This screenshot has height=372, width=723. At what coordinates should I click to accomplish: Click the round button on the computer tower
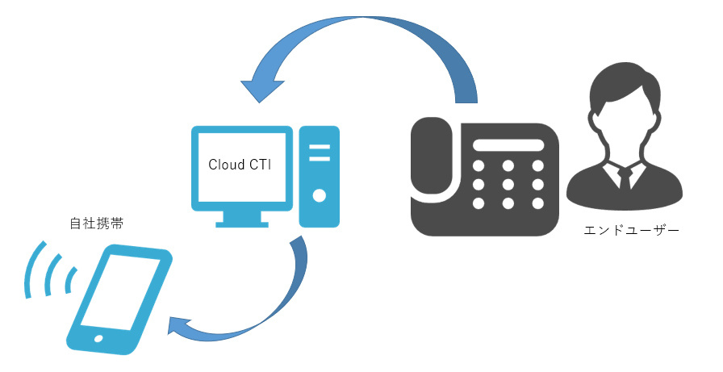coord(320,195)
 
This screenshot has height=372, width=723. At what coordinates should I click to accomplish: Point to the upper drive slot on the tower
coord(320,146)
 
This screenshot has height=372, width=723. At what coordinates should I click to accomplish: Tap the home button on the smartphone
coord(99,338)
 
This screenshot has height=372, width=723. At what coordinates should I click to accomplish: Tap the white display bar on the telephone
coord(508,145)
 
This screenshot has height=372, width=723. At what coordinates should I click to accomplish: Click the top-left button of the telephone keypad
coord(479,166)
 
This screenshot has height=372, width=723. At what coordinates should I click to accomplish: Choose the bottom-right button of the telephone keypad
coord(537,203)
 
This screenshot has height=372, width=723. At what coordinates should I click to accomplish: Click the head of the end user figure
coord(623,108)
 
